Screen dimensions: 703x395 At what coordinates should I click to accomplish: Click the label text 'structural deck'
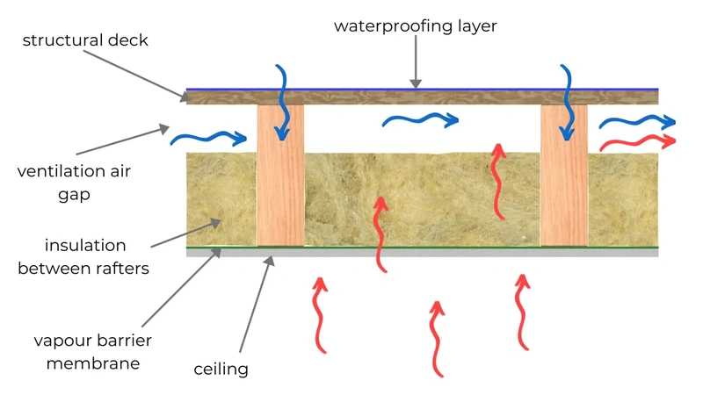point(85,40)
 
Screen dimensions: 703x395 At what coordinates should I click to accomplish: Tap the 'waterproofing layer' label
point(415,26)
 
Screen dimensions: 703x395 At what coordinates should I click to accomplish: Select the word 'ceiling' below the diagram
point(221,370)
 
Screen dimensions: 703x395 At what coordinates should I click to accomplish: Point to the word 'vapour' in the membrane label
point(62,341)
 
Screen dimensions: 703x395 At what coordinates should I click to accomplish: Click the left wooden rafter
point(280,175)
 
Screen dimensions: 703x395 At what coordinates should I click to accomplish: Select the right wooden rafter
point(564,175)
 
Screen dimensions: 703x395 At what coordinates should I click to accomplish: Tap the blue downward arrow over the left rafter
point(283,102)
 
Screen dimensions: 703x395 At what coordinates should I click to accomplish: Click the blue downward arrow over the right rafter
point(568,102)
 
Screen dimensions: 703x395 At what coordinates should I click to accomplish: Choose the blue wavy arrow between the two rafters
point(421,119)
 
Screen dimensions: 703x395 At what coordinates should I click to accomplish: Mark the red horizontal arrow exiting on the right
point(637,142)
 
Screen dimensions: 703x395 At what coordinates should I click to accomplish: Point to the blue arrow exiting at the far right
point(637,121)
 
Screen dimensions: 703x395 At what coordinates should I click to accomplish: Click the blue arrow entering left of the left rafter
point(208,138)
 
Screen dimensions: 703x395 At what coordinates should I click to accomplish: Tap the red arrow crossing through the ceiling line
point(380,234)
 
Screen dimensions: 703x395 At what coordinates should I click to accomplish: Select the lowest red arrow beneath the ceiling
point(436,339)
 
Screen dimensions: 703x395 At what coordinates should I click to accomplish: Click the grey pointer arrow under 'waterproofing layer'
point(416,61)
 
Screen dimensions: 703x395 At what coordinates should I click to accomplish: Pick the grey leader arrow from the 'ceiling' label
point(257,304)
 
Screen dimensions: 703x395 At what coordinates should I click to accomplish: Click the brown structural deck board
point(423,97)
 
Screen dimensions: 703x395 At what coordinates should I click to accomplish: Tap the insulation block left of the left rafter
point(221,199)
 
